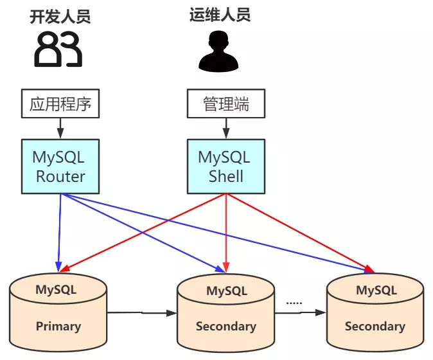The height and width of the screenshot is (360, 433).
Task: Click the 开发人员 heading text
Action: click(60, 16)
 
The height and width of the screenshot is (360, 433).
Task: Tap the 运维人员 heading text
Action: click(220, 15)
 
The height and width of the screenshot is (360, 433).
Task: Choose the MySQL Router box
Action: click(60, 165)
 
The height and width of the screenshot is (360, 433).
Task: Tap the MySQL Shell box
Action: click(225, 165)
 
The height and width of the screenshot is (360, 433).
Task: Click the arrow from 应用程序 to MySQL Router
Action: click(60, 128)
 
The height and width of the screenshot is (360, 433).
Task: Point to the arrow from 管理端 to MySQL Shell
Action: click(225, 128)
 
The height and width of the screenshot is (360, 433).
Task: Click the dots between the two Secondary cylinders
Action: click(294, 301)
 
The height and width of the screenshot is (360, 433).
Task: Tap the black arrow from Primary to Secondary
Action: click(141, 313)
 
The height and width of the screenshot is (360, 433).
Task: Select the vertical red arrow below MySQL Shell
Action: click(225, 231)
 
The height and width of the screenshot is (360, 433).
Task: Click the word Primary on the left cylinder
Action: click(58, 326)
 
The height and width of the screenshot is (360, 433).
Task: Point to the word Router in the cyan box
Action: click(60, 176)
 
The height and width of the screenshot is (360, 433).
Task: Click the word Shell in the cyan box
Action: click(225, 176)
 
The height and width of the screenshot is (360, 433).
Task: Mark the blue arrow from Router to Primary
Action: click(59, 231)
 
